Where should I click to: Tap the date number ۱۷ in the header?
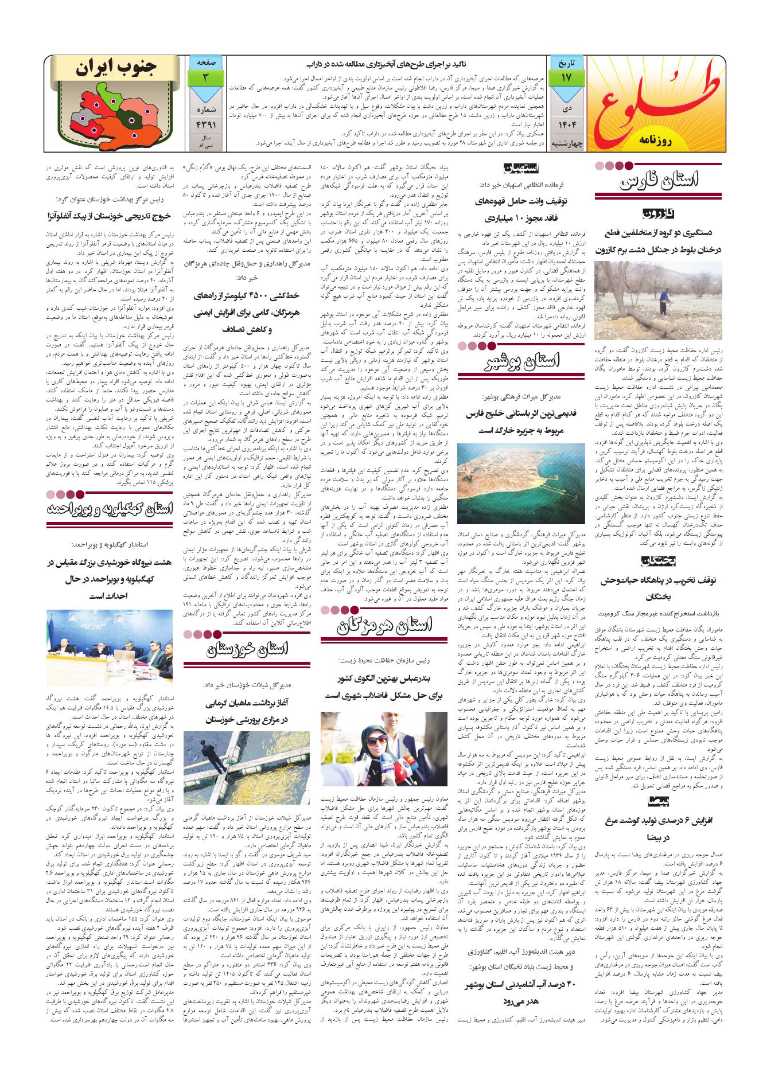566,76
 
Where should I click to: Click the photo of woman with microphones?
383,749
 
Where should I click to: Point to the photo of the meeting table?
110,645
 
